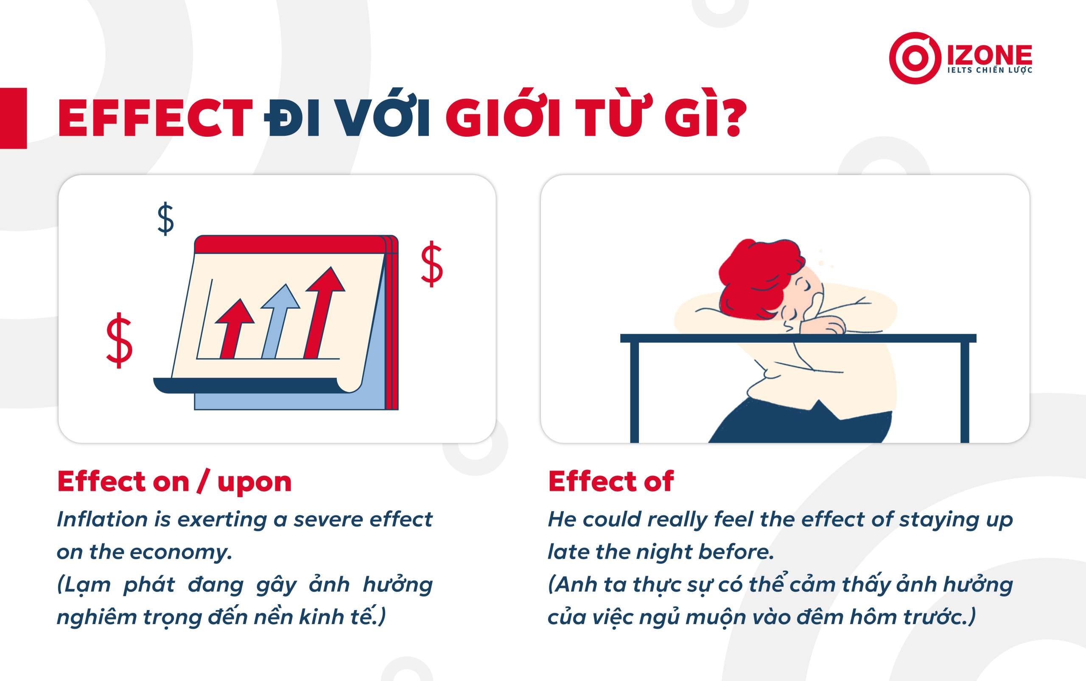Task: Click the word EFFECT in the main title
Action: click(x=155, y=118)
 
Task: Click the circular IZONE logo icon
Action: click(x=915, y=58)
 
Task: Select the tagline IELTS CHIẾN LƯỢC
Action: click(x=990, y=70)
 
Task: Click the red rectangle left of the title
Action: click(x=13, y=118)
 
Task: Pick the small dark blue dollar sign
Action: click(x=165, y=219)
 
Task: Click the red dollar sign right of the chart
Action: click(x=431, y=264)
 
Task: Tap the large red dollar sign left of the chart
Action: click(x=119, y=340)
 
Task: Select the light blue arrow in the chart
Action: click(x=279, y=321)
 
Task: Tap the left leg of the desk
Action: click(x=634, y=392)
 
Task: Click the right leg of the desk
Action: click(x=965, y=392)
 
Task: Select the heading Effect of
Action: click(x=611, y=481)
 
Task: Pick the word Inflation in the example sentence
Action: click(x=102, y=519)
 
